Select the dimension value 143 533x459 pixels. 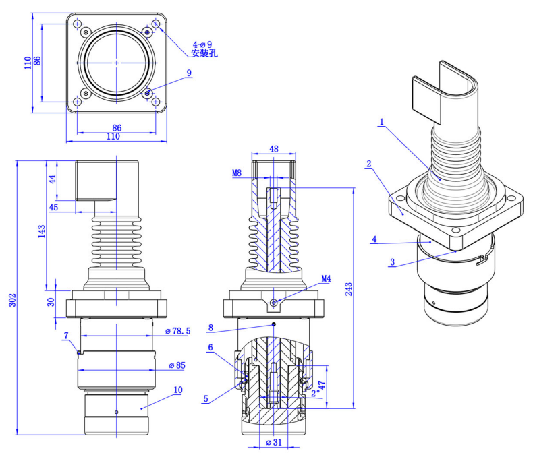pos(43,231)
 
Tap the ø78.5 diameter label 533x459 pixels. pos(180,331)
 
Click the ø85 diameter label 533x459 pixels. pos(177,366)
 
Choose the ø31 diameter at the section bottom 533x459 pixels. pos(273,443)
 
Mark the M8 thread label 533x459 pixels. pos(237,173)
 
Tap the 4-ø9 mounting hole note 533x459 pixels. pos(202,44)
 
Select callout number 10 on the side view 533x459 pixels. pos(178,390)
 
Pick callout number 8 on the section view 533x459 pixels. pos(211,328)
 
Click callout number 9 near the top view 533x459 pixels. pos(189,73)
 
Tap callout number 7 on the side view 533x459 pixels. pos(65,335)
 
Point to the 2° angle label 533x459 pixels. pos(314,391)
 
